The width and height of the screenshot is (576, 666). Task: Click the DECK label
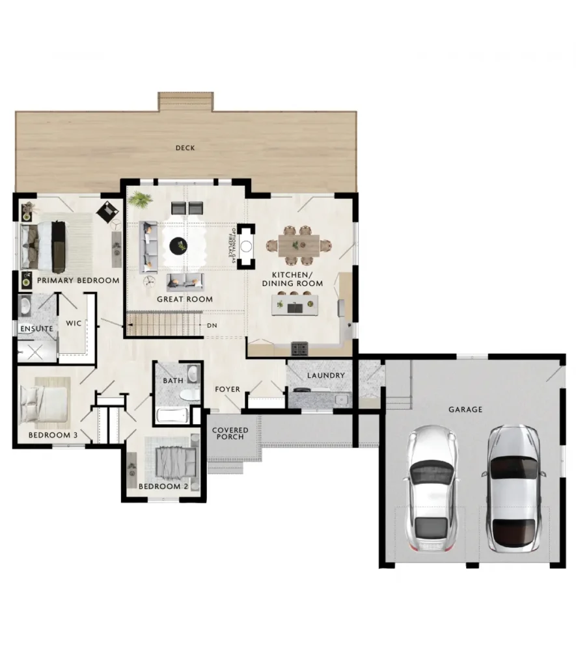pyautogui.click(x=185, y=148)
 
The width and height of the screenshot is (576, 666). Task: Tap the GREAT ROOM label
pyautogui.click(x=185, y=299)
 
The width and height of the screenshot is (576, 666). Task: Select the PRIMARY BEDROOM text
pyautogui.click(x=78, y=280)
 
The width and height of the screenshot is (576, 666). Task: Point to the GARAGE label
pyautogui.click(x=465, y=410)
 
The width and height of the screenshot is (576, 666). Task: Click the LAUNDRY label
pyautogui.click(x=326, y=375)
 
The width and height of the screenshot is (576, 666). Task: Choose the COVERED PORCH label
pyautogui.click(x=230, y=433)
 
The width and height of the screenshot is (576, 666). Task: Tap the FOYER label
pyautogui.click(x=227, y=389)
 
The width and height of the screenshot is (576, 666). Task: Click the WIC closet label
pyautogui.click(x=74, y=323)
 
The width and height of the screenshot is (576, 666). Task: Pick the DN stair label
pyautogui.click(x=212, y=325)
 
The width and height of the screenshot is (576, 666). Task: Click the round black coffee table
pyautogui.click(x=178, y=245)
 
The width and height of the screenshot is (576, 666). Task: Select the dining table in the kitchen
pyautogui.click(x=299, y=245)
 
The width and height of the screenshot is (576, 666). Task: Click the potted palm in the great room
pyautogui.click(x=140, y=199)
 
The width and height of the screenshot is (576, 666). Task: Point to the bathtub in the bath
pyautogui.click(x=172, y=415)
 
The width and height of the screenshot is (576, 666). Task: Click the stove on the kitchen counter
pyautogui.click(x=299, y=349)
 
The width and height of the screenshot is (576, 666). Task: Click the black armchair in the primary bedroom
pyautogui.click(x=108, y=211)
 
